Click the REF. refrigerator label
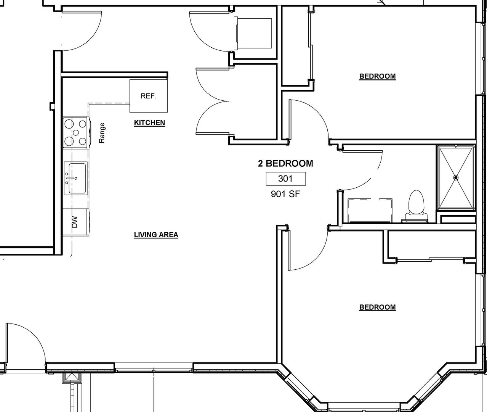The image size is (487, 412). [x=149, y=96]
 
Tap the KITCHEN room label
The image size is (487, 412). [x=149, y=122]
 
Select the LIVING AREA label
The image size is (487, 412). [x=156, y=235]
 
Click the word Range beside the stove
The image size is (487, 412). [x=102, y=133]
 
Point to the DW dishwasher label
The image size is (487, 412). [x=74, y=222]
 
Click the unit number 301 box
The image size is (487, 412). [x=286, y=179]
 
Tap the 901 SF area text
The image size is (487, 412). [x=285, y=194]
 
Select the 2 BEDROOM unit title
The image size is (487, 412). [x=285, y=164]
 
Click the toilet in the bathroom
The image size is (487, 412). [x=417, y=206]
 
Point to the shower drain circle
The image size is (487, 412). [x=456, y=178]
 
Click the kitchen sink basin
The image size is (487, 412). [x=77, y=179]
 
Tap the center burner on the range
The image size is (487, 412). [x=76, y=133]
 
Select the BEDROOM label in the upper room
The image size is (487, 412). [x=377, y=76]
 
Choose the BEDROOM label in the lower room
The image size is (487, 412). [x=377, y=307]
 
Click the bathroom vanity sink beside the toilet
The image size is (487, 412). [x=370, y=210]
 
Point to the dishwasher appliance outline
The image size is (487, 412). [x=76, y=222]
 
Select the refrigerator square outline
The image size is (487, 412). [x=149, y=96]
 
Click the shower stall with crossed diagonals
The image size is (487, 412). [x=456, y=178]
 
